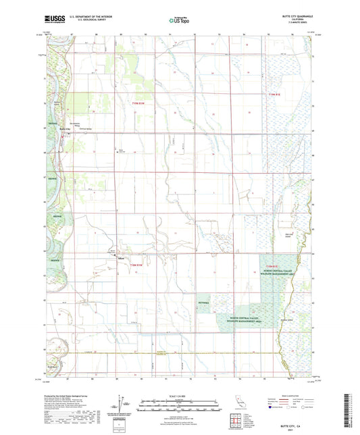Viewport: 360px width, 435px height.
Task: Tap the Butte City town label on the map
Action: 65,129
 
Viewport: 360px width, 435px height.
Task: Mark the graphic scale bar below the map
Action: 180,407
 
